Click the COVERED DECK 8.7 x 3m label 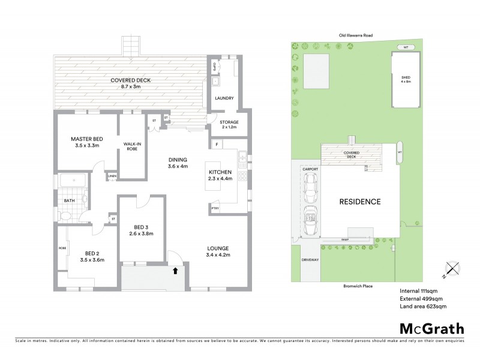(130, 84)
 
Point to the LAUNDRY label (224, 98)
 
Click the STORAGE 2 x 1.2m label (224, 125)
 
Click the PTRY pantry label (215, 208)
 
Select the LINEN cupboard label (112, 176)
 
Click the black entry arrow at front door (175, 271)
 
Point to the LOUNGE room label (218, 248)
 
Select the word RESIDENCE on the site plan (361, 202)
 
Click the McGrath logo (431, 328)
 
